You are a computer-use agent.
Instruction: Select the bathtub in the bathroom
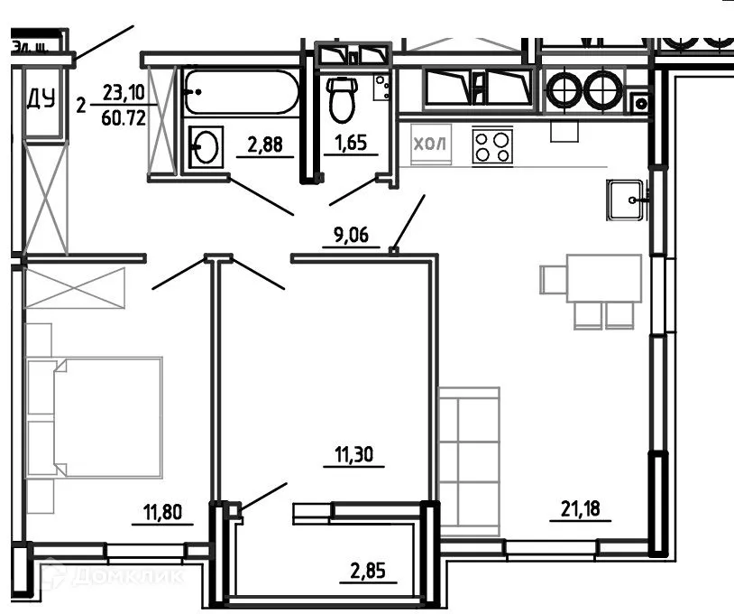click(x=241, y=92)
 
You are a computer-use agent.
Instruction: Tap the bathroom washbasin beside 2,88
click(x=206, y=147)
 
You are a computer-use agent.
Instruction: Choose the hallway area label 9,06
click(x=352, y=237)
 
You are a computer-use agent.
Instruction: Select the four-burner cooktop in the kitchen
click(x=492, y=146)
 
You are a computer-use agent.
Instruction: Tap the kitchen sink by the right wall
click(x=626, y=199)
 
